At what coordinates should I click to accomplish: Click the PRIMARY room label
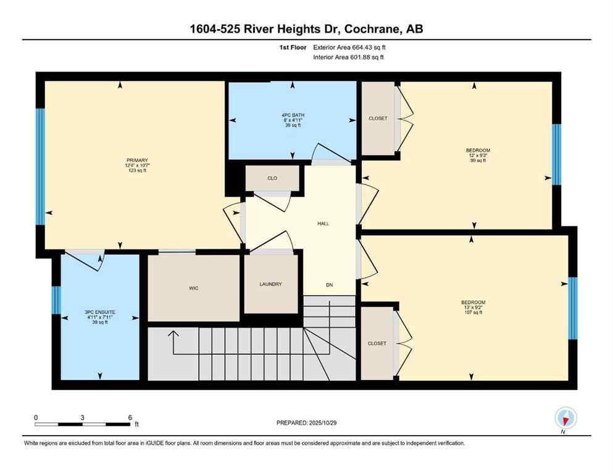pos(136,160)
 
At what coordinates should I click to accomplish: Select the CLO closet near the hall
pos(272,178)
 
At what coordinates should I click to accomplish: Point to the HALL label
pos(323,223)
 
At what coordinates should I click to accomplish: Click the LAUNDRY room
pos(270,284)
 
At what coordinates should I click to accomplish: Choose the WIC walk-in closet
pos(193,288)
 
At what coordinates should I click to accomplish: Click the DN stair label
pos(330,285)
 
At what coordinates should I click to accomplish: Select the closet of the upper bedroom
pos(378,118)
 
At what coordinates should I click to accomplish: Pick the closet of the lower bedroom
pos(377,343)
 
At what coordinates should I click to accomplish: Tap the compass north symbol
pos(565,418)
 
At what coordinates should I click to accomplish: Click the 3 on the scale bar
pos(82,417)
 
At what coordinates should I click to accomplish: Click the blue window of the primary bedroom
pos(40,167)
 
